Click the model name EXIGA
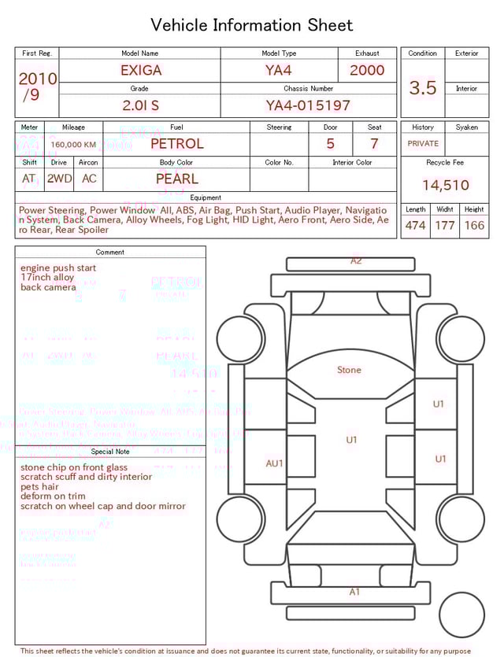pos(141,70)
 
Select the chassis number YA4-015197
pos(308,105)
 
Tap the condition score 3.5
pos(423,88)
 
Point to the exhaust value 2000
pos(367,70)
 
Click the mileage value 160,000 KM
pos(73,145)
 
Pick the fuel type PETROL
pos(176,144)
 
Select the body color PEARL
pos(176,179)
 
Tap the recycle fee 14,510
pos(445,186)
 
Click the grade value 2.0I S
pos(140,105)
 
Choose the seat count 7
pos(374,144)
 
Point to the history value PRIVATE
pos(423,144)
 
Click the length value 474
pos(415,226)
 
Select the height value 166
pos(474,226)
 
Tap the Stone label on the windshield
pos(349,370)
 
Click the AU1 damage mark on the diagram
pos(274,463)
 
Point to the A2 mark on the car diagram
pos(356,260)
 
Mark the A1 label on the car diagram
pos(354,592)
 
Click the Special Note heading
pos(110,452)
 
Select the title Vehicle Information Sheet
pos(252,25)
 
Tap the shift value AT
pos(29,179)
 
